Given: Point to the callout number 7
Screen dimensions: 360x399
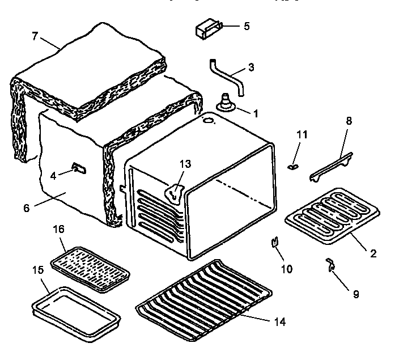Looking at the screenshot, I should (35, 36).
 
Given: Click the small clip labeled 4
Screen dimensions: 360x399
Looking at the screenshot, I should (78, 168).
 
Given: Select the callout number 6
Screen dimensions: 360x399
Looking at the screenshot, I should (26, 208).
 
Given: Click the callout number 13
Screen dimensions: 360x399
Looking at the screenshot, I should (186, 164).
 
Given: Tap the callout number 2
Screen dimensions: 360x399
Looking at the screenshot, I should (372, 253).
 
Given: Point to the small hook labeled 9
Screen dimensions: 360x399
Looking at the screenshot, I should (330, 264).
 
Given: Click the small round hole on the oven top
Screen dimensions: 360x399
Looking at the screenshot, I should (209, 121).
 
